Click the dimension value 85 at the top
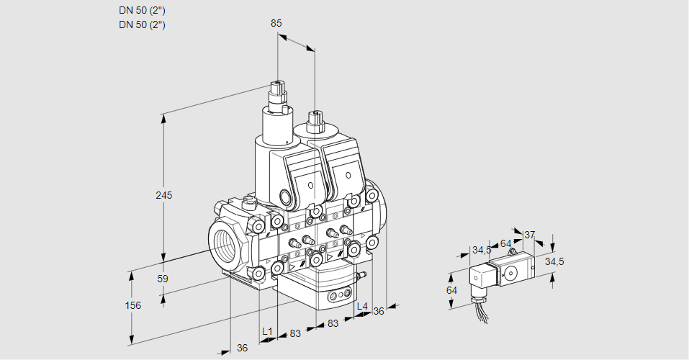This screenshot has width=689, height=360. [276, 23]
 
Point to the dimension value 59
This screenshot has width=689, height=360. [163, 279]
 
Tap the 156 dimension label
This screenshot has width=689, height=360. [133, 305]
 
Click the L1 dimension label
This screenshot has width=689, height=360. [267, 332]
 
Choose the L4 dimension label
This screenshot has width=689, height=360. [362, 307]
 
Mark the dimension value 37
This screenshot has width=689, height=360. [529, 235]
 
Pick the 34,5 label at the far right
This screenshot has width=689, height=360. [554, 261]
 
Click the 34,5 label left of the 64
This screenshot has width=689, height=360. [482, 250]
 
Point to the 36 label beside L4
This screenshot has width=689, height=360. [379, 311]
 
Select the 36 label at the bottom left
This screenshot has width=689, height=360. [243, 348]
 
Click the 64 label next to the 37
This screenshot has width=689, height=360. [505, 243]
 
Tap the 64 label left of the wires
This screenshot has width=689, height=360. [452, 289]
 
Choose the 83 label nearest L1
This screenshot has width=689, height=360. [294, 333]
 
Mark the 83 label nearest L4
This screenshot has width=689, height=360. [333, 324]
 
